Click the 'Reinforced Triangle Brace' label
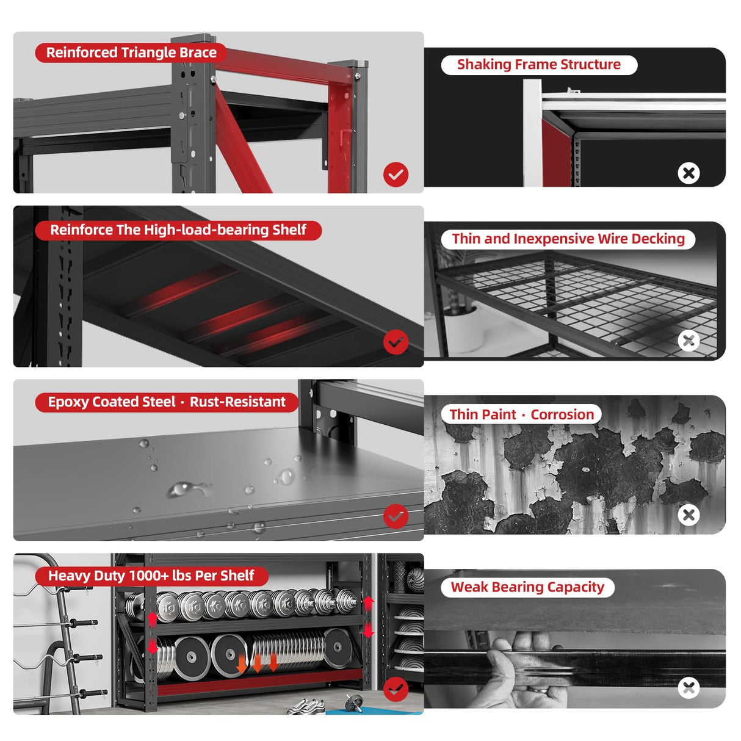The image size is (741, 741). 131,52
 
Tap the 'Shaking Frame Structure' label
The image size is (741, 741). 538,65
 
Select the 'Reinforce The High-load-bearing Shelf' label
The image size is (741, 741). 178,230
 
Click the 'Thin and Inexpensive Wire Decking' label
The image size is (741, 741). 568,239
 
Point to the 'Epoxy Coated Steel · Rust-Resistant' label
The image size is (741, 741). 167,402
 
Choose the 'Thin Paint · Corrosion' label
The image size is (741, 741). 521,414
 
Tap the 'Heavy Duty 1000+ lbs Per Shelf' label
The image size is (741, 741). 151,576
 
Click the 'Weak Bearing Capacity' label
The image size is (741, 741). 527,587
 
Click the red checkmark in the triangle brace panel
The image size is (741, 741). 396,175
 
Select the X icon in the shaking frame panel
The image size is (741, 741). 689,173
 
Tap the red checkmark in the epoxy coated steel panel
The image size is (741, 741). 396,516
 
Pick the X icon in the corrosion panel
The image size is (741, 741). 689,515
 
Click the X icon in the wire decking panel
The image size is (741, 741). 689,341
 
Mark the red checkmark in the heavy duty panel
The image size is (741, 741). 396,689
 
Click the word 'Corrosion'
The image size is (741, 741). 562,414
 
